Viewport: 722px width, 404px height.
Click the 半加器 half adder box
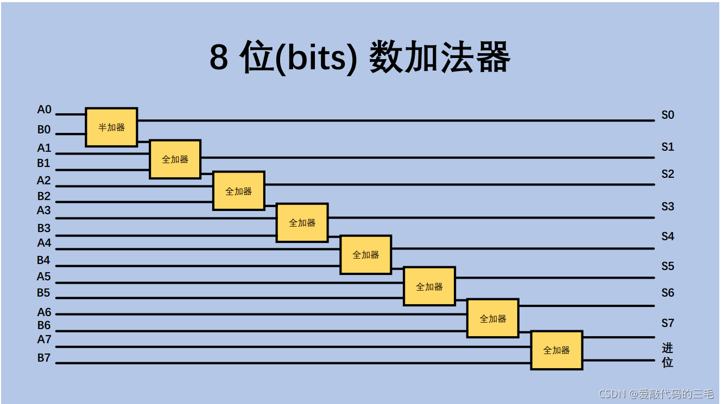click(x=111, y=127)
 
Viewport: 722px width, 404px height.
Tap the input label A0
click(x=44, y=110)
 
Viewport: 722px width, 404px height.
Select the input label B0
click(x=44, y=130)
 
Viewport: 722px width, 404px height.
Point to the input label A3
click(x=44, y=210)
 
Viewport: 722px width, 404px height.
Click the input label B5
click(x=43, y=293)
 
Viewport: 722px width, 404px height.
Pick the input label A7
click(x=44, y=339)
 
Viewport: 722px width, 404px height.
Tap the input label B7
click(x=44, y=358)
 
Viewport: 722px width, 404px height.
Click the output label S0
click(x=667, y=115)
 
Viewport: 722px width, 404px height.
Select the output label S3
click(x=667, y=207)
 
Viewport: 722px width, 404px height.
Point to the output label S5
click(x=667, y=266)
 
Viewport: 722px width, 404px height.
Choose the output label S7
click(x=667, y=323)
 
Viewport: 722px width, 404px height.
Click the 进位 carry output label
click(x=667, y=355)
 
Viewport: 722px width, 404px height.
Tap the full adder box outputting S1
click(x=175, y=159)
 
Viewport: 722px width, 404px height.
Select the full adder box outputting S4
click(x=365, y=255)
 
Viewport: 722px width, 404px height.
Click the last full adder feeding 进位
click(x=556, y=350)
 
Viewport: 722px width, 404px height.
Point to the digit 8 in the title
click(x=219, y=57)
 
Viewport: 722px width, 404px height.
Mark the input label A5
click(x=43, y=277)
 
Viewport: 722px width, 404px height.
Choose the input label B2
click(x=44, y=196)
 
